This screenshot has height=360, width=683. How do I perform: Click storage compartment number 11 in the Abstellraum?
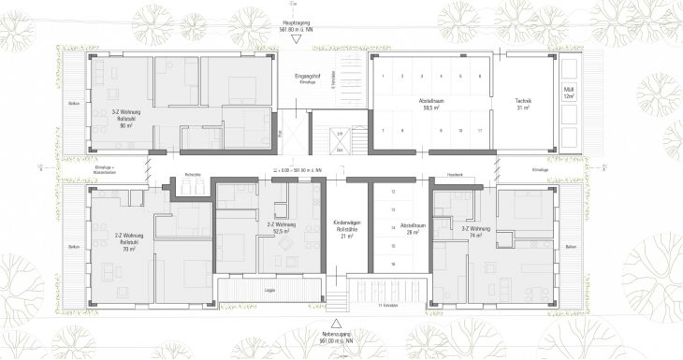point(477,130)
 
